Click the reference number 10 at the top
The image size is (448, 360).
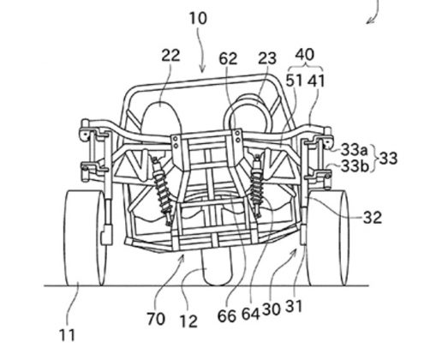click(198, 19)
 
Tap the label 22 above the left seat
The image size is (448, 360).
click(170, 55)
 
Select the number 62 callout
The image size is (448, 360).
click(228, 59)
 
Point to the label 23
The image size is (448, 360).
click(267, 58)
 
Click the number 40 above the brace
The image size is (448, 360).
click(305, 54)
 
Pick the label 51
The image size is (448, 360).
click(294, 81)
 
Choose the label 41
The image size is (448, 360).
click(316, 81)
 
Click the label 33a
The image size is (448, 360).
click(354, 149)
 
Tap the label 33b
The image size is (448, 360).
click(355, 166)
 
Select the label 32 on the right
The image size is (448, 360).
click(373, 218)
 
